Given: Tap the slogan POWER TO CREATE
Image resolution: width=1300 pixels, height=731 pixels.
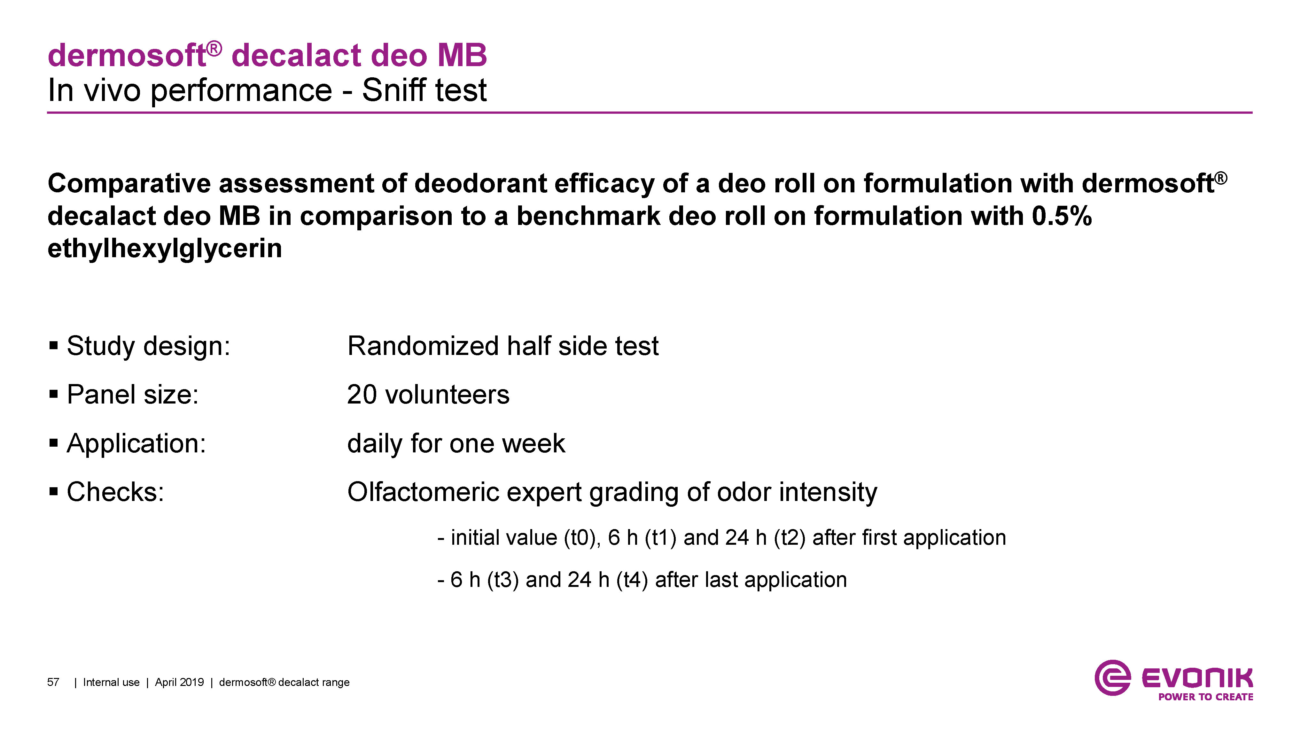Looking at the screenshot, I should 1206,697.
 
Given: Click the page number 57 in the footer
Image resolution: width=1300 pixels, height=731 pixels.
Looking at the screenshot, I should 53,682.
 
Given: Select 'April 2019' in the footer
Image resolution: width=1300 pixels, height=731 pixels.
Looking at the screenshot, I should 179,682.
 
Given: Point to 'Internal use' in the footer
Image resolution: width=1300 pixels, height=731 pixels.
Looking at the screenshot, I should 111,682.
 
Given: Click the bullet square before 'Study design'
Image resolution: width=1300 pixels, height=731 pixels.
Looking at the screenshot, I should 53,346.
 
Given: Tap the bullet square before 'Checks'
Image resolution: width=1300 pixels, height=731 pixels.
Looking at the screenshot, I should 53,492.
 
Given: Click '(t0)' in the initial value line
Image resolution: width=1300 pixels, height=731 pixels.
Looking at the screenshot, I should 582,538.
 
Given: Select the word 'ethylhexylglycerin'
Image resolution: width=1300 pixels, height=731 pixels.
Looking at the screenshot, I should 165,249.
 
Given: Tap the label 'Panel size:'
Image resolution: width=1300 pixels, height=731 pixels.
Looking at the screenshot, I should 133,395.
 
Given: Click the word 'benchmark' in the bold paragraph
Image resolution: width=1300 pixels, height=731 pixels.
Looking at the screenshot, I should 588,216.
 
